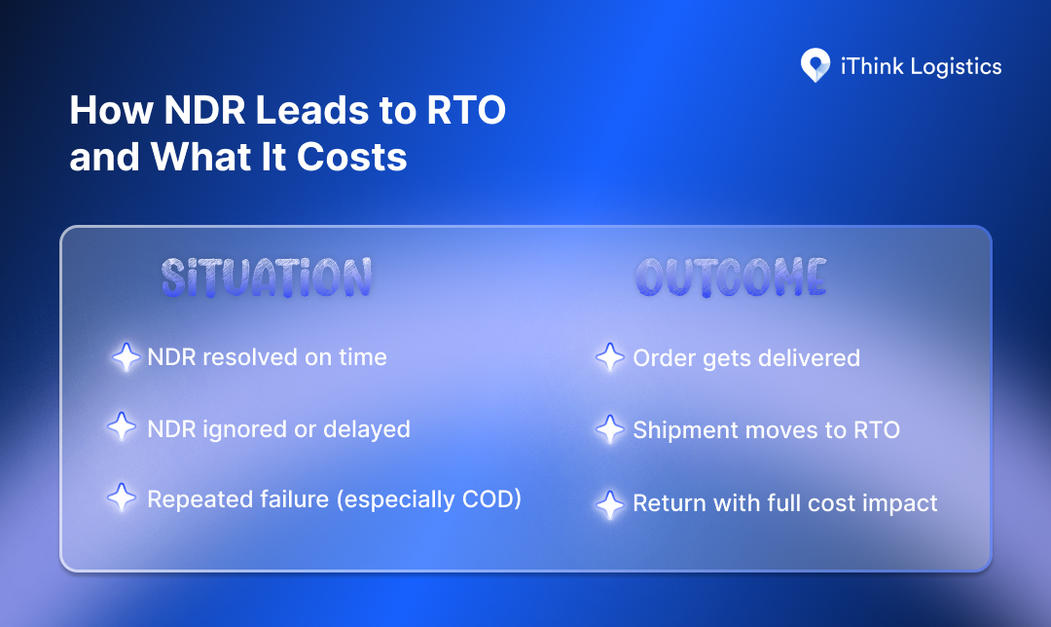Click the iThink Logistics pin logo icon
[x=815, y=66]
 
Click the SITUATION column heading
[x=266, y=278]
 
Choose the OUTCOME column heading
[x=731, y=278]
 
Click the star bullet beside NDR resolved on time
[x=126, y=357]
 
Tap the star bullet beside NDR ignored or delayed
[x=121, y=428]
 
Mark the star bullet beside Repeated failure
[x=121, y=499]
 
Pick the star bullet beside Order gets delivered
[x=609, y=357]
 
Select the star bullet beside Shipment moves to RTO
[x=609, y=428]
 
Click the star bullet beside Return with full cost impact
[x=609, y=503]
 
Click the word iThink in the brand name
[x=869, y=66]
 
